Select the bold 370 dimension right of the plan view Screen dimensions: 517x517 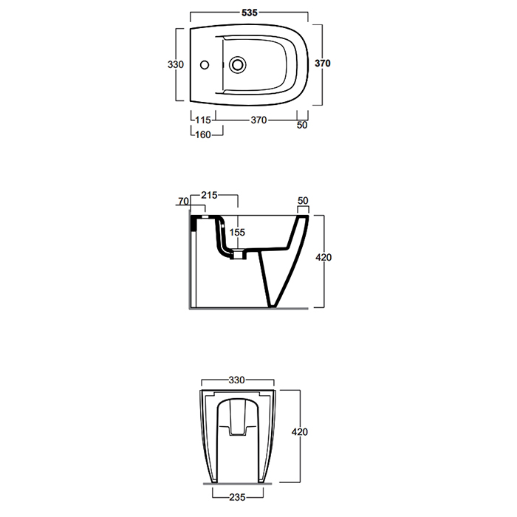pyautogui.click(x=322, y=64)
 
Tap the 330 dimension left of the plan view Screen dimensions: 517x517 pyautogui.click(x=175, y=64)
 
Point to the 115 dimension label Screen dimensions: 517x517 pyautogui.click(x=203, y=120)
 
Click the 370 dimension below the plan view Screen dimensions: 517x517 pyautogui.click(x=258, y=120)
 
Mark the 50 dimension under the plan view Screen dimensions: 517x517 pyautogui.click(x=301, y=126)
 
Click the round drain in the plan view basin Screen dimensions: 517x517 pyautogui.click(x=238, y=64)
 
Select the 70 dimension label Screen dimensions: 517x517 pyautogui.click(x=182, y=200)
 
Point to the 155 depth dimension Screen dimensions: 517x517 pyautogui.click(x=236, y=231)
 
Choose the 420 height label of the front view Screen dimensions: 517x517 pyautogui.click(x=299, y=431)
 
